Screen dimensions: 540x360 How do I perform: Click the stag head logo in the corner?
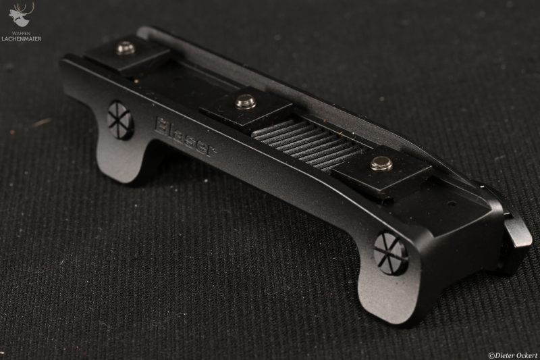coord(22,16)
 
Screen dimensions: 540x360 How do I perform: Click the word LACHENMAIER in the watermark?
coord(22,39)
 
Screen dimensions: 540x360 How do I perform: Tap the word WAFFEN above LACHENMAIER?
coord(22,33)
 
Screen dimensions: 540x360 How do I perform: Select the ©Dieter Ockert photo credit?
coord(513,355)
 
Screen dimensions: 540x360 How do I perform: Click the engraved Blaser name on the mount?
coord(186,137)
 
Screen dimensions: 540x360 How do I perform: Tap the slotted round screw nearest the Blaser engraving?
coord(120,120)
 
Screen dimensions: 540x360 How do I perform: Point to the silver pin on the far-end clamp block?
coord(126,48)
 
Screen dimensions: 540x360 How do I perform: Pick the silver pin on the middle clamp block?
coord(246,102)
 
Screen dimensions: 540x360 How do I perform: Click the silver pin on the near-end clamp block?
coord(381,163)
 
